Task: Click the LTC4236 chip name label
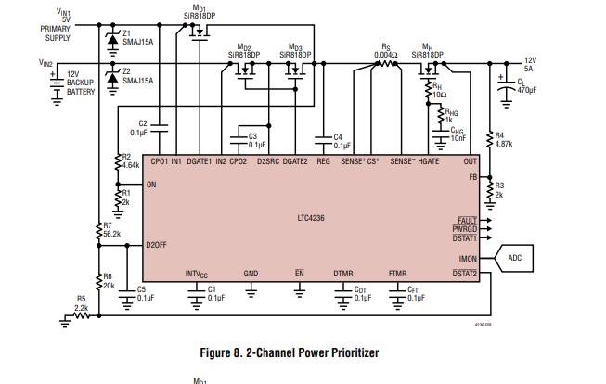(311, 218)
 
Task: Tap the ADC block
(514, 258)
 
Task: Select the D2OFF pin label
(157, 245)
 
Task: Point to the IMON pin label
(468, 259)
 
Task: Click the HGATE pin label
(429, 161)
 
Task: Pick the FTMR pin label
(398, 274)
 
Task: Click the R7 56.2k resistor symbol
(99, 231)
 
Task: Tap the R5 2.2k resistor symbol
(81, 315)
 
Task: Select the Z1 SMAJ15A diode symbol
(112, 39)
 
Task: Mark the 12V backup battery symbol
(57, 87)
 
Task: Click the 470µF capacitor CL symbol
(507, 89)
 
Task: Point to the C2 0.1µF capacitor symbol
(160, 128)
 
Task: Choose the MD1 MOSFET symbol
(200, 32)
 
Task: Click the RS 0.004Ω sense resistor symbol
(386, 64)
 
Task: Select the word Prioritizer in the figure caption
(354, 352)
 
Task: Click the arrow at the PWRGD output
(486, 229)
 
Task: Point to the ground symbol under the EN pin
(299, 291)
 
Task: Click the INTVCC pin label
(197, 275)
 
